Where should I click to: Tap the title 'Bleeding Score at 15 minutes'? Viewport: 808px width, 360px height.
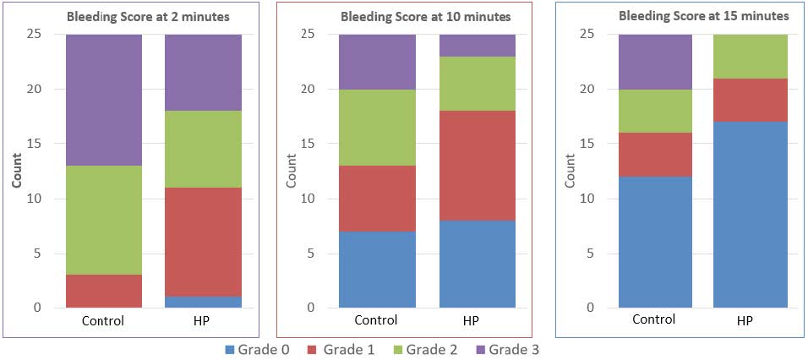[x=704, y=15]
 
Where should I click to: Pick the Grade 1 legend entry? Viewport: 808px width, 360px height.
[x=336, y=348]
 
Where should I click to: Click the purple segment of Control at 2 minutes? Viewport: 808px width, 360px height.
[x=103, y=100]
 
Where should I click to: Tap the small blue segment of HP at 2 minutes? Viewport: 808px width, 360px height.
[x=203, y=302]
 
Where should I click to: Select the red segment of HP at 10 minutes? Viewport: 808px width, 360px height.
[x=477, y=166]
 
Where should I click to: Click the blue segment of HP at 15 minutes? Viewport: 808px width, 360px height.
[x=751, y=215]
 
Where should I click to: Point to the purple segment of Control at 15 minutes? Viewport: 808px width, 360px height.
[x=655, y=62]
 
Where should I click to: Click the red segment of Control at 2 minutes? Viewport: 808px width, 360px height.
[x=103, y=291]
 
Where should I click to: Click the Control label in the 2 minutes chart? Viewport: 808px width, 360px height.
[x=103, y=321]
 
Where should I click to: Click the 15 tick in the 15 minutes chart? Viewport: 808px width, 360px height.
[x=587, y=145]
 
